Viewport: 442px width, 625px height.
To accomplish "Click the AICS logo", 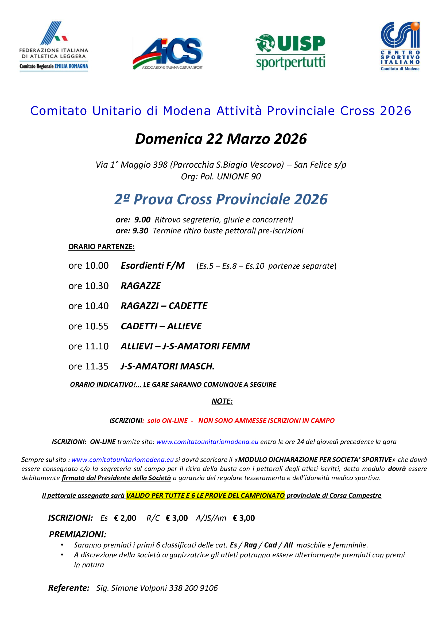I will click(168, 53).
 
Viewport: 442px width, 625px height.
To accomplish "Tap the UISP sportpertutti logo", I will click(290, 52).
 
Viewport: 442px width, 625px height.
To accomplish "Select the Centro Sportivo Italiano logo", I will click(400, 46).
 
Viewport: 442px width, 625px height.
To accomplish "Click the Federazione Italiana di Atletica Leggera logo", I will click(54, 46).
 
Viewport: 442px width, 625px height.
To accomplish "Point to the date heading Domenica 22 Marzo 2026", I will click(221, 139).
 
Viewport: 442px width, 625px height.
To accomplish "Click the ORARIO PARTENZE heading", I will click(101, 247).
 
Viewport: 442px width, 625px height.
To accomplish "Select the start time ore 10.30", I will click(88, 286).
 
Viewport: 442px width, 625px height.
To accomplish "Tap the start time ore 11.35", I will click(88, 366).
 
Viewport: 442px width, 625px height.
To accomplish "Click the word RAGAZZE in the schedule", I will click(141, 286).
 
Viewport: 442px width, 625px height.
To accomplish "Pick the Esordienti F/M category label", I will click(153, 265).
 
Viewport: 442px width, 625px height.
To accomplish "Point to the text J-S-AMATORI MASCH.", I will click(168, 366).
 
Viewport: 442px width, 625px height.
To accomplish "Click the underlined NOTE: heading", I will click(222, 401).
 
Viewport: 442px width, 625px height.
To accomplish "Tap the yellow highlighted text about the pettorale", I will click(206, 495).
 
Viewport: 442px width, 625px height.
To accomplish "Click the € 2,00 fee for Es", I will click(125, 518).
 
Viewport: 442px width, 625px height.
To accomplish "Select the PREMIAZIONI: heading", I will click(77, 534).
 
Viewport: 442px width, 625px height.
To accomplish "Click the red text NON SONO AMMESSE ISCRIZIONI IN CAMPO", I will click(266, 420).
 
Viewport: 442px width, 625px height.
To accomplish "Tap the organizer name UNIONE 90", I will click(239, 176).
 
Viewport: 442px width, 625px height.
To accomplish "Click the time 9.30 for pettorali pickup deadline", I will click(141, 231).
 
